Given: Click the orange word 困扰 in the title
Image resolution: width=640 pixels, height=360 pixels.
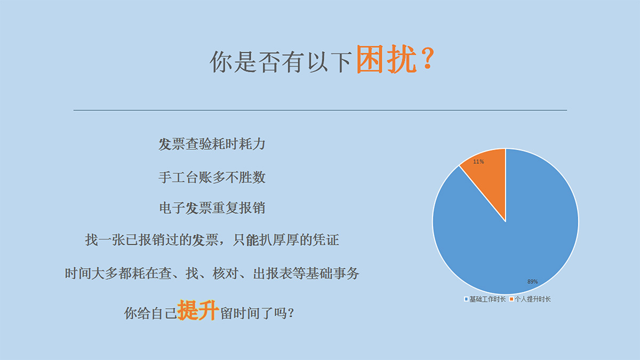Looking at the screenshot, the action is [x=386, y=59].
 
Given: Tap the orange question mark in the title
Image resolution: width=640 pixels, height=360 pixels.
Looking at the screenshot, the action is [x=427, y=59].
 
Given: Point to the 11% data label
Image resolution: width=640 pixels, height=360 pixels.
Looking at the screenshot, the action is [x=478, y=162].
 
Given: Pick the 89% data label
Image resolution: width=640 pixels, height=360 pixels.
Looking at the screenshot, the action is [x=532, y=282].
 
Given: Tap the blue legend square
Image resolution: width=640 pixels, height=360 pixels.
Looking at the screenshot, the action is [x=466, y=299].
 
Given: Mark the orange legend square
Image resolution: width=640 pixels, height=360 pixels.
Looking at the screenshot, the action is [x=511, y=299].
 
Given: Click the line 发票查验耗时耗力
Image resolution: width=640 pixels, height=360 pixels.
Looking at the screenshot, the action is [x=212, y=144].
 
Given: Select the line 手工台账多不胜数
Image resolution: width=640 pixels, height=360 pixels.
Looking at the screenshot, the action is [x=212, y=178].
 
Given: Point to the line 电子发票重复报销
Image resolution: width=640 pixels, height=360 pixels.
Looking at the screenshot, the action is [x=212, y=208].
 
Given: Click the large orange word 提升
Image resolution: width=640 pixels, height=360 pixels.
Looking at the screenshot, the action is [x=198, y=310].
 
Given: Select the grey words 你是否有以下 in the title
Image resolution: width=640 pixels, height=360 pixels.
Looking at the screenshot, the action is [x=281, y=62].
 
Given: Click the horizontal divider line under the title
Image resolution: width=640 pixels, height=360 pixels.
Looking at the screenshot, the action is [x=321, y=110].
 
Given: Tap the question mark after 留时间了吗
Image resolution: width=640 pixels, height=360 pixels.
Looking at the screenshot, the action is [x=291, y=313].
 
